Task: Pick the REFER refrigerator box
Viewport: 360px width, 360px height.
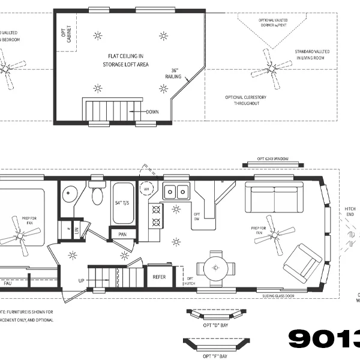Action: [159, 277]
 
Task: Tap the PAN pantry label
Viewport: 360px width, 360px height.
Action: [122, 235]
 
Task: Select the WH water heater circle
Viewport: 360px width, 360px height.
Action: [146, 190]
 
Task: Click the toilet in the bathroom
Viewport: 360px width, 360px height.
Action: [97, 194]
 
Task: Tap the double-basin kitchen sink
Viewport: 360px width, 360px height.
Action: [176, 191]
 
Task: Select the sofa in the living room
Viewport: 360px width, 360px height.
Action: [275, 197]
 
